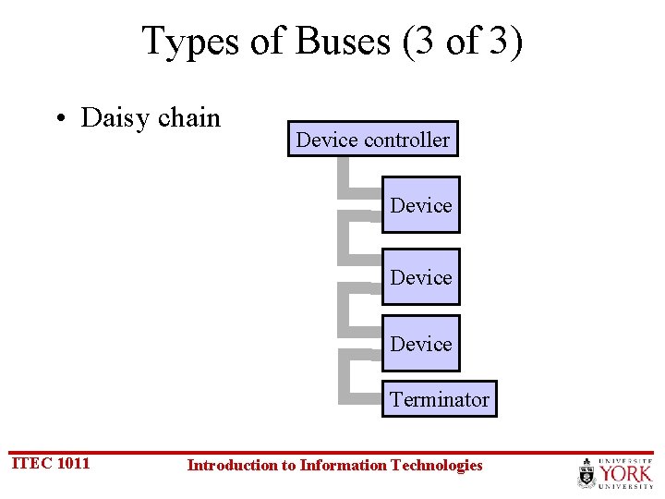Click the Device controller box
pyautogui.click(x=372, y=140)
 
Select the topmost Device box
pyautogui.click(x=420, y=205)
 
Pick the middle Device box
pyautogui.click(x=420, y=277)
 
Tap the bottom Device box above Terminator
pyautogui.click(x=420, y=344)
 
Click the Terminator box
pyautogui.click(x=439, y=399)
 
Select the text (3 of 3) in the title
pyautogui.click(x=463, y=41)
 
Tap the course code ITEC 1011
pyautogui.click(x=50, y=463)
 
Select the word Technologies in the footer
pyautogui.click(x=437, y=465)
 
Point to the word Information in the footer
pyautogui.click(x=343, y=465)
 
